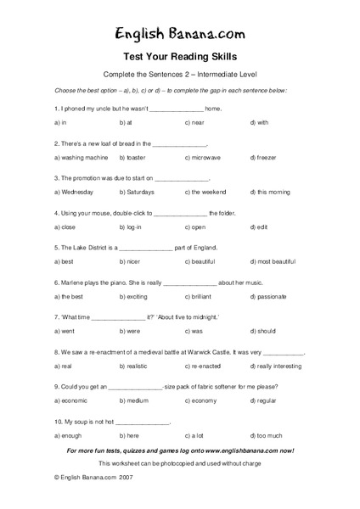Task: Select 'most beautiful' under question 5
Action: pyautogui.click(x=276, y=262)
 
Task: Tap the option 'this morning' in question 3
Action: pyautogui.click(x=272, y=193)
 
